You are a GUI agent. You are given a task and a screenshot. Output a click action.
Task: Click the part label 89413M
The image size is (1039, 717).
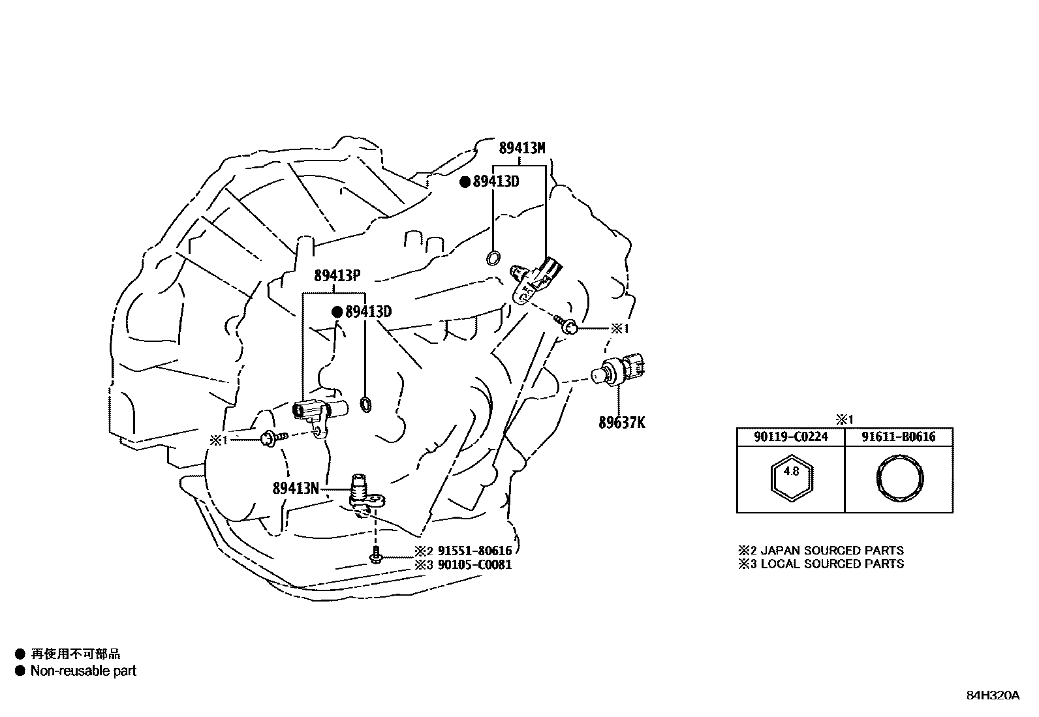point(521,148)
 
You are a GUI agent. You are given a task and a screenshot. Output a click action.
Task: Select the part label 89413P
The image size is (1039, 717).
point(337,276)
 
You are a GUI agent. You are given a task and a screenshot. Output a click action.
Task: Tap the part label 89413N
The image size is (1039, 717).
point(296,487)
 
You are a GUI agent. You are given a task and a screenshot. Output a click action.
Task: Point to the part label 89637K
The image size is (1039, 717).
point(622,422)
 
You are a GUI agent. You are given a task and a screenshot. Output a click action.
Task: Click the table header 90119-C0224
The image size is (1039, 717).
point(790,437)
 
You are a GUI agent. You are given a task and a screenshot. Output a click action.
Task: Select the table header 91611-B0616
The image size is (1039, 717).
point(898,437)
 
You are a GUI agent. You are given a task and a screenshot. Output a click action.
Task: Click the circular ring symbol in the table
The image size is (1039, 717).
point(899,480)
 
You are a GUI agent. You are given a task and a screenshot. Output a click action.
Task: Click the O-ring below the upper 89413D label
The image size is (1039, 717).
point(494,258)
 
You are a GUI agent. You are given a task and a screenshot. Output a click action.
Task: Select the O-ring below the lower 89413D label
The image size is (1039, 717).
point(367,403)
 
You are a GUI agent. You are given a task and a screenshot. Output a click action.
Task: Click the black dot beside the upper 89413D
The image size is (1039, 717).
point(465,182)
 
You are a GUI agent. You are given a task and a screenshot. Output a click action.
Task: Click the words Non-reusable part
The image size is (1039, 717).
point(84,671)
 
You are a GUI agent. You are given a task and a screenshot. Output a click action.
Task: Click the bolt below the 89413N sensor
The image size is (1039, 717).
point(377,557)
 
